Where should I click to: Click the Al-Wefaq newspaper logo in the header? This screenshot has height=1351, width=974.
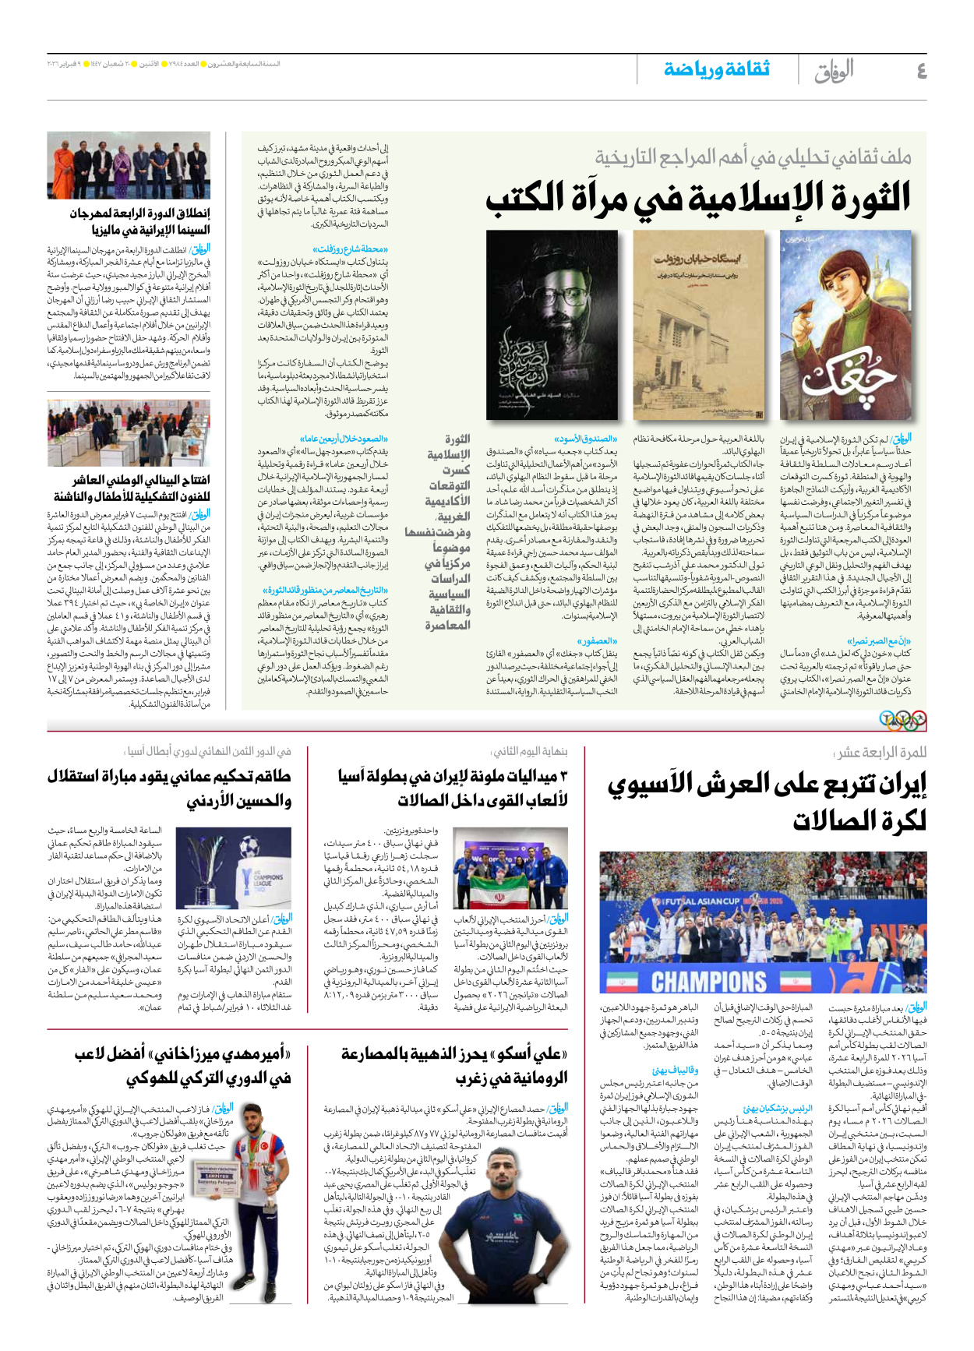[834, 72]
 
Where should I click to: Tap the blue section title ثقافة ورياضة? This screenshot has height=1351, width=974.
[717, 69]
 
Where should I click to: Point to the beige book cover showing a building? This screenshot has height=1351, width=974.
[698, 326]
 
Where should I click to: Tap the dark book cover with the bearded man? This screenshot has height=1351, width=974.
[552, 326]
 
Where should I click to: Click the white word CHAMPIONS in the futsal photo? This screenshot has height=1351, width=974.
[709, 981]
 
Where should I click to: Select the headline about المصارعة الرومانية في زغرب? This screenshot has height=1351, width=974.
[455, 1066]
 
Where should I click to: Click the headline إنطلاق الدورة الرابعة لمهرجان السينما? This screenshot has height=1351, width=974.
[139, 221]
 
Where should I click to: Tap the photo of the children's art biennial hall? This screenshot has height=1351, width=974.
[129, 432]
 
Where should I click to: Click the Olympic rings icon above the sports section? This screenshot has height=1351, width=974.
[904, 720]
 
